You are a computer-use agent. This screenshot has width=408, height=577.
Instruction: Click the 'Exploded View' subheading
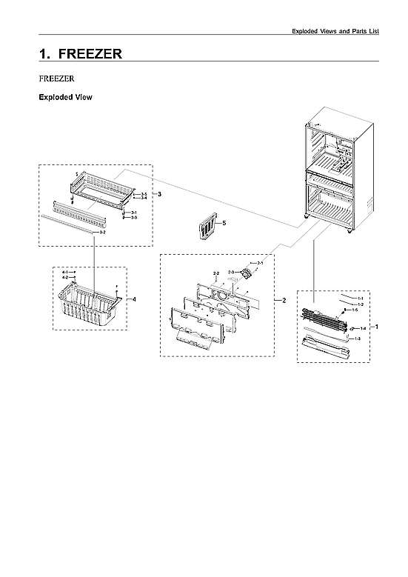point(65,97)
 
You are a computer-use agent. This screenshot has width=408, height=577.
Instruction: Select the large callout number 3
point(159,194)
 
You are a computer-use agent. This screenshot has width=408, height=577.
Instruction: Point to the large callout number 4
point(134,298)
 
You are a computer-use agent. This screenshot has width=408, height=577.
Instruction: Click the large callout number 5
point(224,222)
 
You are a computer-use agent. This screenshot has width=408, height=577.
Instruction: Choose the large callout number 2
point(283,300)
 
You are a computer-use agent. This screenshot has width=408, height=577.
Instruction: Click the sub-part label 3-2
point(102,233)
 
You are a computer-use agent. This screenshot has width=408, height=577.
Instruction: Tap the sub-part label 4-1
point(64,273)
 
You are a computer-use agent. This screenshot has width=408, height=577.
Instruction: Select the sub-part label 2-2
point(216,274)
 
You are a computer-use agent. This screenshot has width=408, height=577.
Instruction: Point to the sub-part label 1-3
point(358,338)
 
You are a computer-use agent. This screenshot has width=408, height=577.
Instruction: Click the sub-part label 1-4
point(363,328)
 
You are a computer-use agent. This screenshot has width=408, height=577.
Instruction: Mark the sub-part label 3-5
point(144,193)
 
